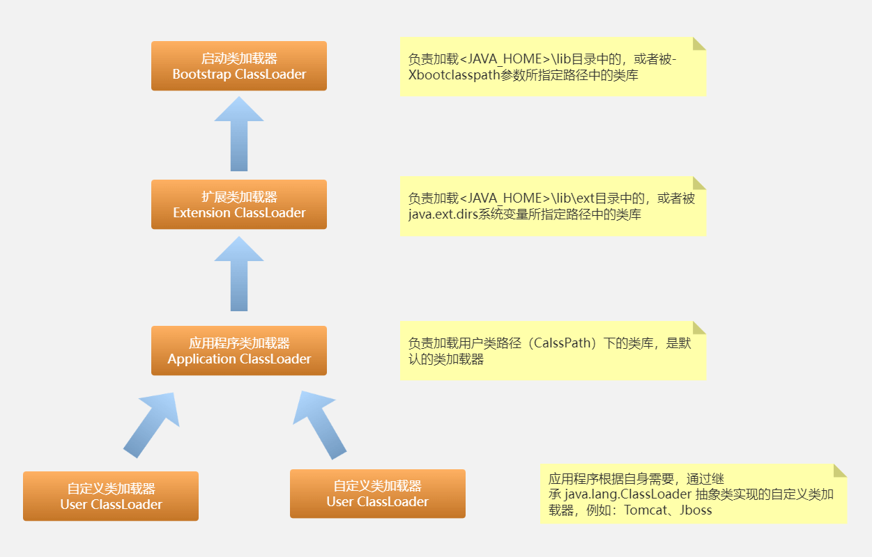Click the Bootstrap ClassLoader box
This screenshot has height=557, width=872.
(239, 66)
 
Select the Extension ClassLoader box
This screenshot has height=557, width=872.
(239, 205)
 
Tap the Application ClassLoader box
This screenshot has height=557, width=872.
(239, 351)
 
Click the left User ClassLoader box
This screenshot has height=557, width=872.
(111, 496)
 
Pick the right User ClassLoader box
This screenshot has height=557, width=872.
(378, 494)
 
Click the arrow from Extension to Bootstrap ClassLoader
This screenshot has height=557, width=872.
(239, 134)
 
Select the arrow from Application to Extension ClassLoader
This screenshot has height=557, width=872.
(239, 273)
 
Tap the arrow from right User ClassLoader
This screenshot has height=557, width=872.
(321, 424)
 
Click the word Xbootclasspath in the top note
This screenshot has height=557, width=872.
(453, 76)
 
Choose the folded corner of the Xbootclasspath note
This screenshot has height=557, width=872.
(699, 44)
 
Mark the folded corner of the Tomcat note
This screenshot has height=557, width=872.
(840, 470)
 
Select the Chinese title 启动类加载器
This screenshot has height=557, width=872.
(239, 58)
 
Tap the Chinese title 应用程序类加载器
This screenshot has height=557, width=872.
(239, 343)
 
